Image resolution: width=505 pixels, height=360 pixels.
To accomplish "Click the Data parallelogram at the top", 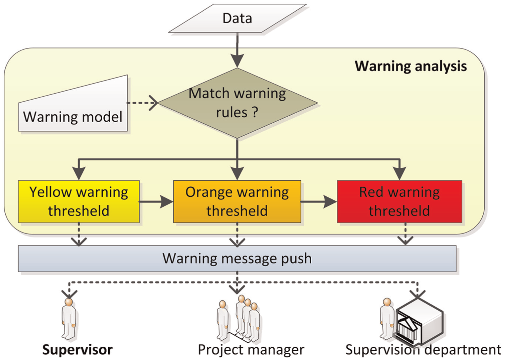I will (237, 19).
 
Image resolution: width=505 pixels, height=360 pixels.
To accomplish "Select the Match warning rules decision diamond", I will (237, 103).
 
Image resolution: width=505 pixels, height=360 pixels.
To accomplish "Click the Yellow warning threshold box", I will (79, 201).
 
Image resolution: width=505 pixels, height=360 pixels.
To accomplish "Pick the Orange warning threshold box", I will (237, 201).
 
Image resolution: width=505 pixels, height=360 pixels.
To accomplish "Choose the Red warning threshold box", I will (399, 201).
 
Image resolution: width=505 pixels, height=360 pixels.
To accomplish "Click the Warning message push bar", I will (237, 259).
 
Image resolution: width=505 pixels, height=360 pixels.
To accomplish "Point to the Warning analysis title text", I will (411, 66).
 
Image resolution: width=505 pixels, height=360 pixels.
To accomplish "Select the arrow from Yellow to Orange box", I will (156, 202).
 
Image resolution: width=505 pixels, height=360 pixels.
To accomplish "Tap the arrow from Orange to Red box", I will (319, 202).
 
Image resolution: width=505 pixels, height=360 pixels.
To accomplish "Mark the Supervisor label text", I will (77, 350).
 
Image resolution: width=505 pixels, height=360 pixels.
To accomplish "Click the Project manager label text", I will (251, 350).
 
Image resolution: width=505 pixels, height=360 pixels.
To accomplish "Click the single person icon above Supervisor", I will (69, 319).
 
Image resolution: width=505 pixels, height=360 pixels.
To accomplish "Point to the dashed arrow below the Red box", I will (406, 234).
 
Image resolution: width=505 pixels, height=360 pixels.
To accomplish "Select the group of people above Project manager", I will (239, 319).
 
